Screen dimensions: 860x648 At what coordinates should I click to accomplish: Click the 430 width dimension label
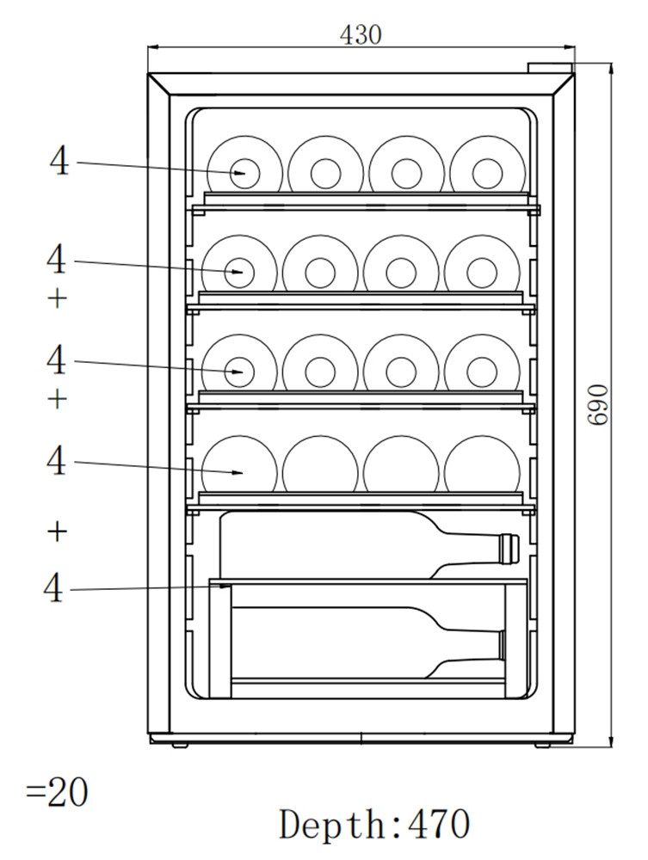pos(360,35)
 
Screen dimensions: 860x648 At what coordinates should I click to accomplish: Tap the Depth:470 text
pos(374,824)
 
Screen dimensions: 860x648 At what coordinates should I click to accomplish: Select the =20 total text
pos(57,792)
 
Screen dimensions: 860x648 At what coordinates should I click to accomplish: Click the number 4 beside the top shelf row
pos(59,161)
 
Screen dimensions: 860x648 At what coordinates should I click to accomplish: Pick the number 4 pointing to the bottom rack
pos(54,588)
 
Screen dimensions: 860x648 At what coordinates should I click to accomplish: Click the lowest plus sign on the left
pos(57,531)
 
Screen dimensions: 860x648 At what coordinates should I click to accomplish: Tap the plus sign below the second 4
pos(57,298)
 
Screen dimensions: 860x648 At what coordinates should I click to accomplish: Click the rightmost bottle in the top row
pos(487,172)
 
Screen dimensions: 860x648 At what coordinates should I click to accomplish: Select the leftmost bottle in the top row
pos(244,172)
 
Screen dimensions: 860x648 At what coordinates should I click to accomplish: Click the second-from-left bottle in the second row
pos(320,273)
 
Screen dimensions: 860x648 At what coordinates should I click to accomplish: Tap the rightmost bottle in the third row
pos(482,372)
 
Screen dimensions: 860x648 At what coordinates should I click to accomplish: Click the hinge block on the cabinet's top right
pos(549,68)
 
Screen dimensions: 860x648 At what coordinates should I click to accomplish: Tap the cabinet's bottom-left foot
pos(179,744)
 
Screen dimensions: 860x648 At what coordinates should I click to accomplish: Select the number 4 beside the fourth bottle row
pos(56,461)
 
